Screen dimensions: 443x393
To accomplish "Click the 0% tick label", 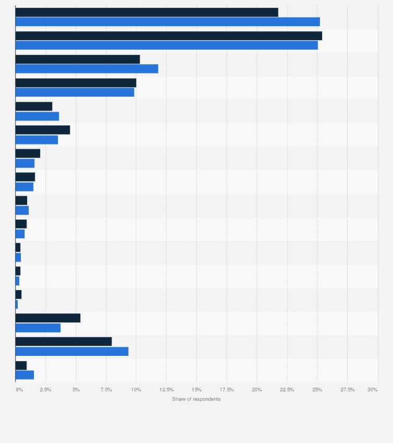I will pyautogui.click(x=19, y=390).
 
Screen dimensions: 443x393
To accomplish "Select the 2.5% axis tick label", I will pyautogui.click(x=45, y=390).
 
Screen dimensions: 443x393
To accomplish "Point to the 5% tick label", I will pyautogui.click(x=76, y=390).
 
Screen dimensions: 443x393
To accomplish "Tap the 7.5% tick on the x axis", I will pyautogui.click(x=106, y=390).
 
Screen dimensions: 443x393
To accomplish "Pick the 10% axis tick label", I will pyautogui.click(x=136, y=390).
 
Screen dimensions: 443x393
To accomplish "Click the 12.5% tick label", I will pyautogui.click(x=166, y=390).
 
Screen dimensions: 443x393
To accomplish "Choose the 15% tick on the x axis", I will pyautogui.click(x=197, y=390).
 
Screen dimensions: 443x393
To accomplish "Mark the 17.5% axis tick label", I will pyautogui.click(x=227, y=390).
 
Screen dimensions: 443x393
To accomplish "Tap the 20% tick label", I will pyautogui.click(x=256, y=390).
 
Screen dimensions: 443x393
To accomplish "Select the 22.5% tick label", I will pyautogui.click(x=287, y=390).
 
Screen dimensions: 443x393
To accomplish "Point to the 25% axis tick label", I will pyautogui.click(x=317, y=390).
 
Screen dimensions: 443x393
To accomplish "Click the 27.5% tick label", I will pyautogui.click(x=347, y=390).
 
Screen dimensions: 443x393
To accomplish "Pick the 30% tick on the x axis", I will pyautogui.click(x=373, y=390).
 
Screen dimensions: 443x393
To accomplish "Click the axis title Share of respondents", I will pyautogui.click(x=196, y=399).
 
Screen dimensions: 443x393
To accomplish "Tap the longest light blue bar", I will pyautogui.click(x=167, y=21).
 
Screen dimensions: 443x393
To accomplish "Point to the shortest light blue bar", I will pyautogui.click(x=17, y=304).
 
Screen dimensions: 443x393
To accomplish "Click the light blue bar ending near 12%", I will pyautogui.click(x=87, y=69).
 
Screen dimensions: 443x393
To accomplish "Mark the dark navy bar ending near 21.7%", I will pyautogui.click(x=146, y=12).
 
